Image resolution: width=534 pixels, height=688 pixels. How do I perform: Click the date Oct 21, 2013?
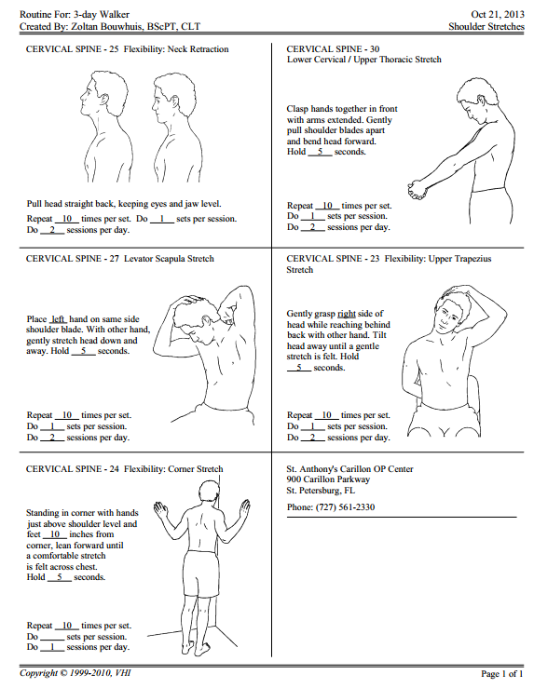tap(497, 15)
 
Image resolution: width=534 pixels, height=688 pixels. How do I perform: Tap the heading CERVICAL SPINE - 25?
tap(73, 49)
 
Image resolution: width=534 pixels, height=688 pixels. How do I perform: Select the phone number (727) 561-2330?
tap(345, 507)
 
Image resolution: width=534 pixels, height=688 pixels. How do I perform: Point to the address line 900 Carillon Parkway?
tap(328, 479)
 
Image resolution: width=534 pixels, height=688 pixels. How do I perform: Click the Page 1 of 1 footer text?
tap(502, 673)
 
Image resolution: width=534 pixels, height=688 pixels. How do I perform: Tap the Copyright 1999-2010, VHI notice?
tap(75, 673)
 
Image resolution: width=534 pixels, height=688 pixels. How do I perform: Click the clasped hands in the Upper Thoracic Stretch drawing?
tap(418, 189)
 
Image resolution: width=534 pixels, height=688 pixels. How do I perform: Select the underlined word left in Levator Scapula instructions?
tap(58, 319)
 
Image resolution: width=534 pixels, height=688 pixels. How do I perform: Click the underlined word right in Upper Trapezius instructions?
tap(347, 314)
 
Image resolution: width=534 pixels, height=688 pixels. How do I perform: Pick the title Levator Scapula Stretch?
tap(169, 259)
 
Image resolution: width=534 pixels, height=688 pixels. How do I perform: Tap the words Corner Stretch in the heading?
tap(196, 469)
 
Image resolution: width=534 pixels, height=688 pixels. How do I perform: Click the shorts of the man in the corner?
tap(200, 573)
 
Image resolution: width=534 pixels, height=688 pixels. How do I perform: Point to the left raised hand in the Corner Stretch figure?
tap(160, 510)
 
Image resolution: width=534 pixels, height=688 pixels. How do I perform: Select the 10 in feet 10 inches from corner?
tap(55, 534)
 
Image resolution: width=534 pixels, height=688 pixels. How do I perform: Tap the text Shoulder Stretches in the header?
tap(486, 27)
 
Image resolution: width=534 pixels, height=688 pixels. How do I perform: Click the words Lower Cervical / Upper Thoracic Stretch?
tap(364, 60)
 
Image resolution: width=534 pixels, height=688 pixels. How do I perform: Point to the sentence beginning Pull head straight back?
tap(124, 204)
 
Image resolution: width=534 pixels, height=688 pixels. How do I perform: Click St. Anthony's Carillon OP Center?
tap(350, 469)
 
